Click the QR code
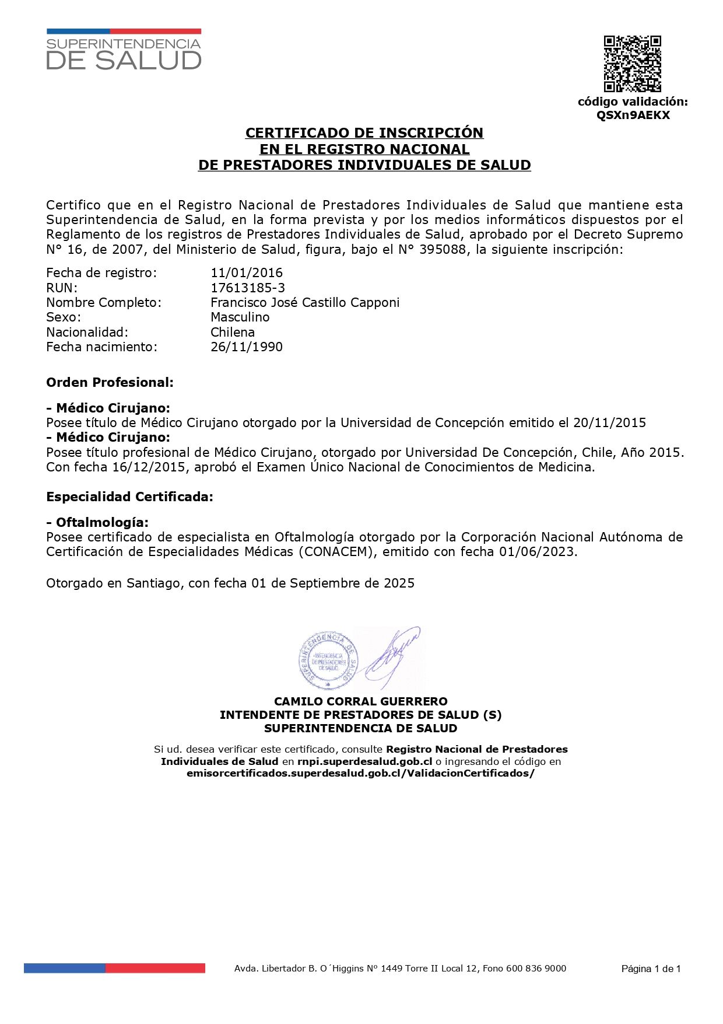[x=632, y=64]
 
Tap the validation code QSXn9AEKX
[x=633, y=115]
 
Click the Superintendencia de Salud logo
[x=124, y=50]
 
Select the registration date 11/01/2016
[x=247, y=272]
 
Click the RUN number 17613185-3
[x=248, y=288]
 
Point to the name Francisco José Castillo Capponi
[x=305, y=302]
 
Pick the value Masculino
[x=240, y=317]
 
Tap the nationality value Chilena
[x=233, y=332]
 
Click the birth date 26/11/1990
[x=247, y=347]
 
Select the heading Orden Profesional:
[x=110, y=383]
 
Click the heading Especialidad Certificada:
[x=129, y=497]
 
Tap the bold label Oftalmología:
[x=102, y=522]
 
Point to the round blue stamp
[x=327, y=660]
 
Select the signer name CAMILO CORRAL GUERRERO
[x=361, y=701]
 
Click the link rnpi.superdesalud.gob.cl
[x=364, y=761]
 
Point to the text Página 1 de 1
[x=651, y=969]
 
